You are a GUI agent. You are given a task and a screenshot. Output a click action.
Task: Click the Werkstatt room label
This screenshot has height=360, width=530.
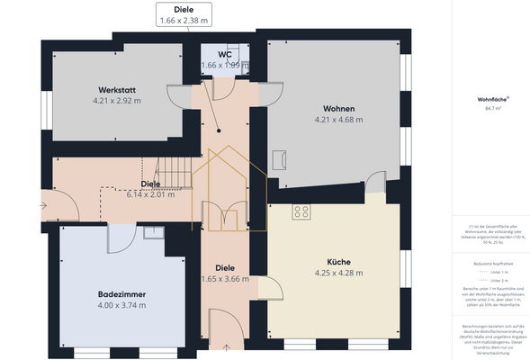pos(118,90)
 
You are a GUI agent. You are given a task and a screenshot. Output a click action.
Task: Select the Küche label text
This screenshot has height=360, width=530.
pos(338,261)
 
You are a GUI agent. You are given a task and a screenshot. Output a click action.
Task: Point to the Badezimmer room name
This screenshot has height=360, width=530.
pos(121,294)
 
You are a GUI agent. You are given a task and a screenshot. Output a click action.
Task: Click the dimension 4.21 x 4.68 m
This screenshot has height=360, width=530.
pos(338,119)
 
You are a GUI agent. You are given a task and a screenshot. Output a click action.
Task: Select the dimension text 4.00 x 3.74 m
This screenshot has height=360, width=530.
pos(121,305)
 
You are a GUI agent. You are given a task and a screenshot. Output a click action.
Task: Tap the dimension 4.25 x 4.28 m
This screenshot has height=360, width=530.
pos(338,273)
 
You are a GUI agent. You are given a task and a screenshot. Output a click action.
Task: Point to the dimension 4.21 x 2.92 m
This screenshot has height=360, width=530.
pos(118,102)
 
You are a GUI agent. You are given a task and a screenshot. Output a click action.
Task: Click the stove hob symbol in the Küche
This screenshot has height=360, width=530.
pos(301,212)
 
